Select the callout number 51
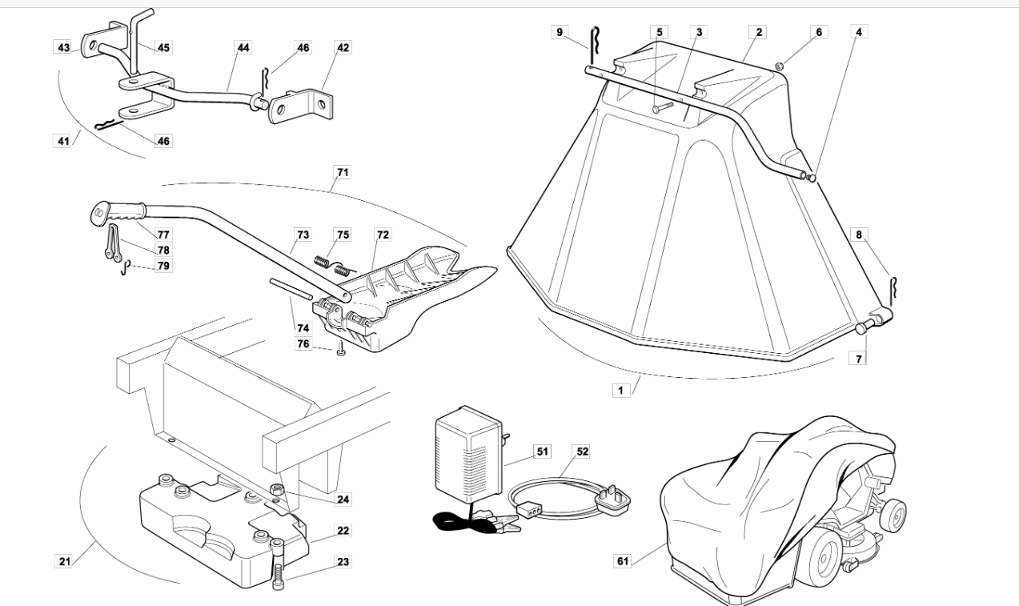click(543, 452)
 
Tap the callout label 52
click(583, 452)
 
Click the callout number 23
click(343, 562)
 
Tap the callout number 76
click(303, 344)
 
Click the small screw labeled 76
click(340, 349)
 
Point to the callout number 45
click(163, 48)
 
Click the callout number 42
click(343, 48)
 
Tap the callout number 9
click(560, 32)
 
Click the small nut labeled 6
click(778, 65)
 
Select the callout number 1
click(619, 391)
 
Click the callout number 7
click(859, 359)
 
